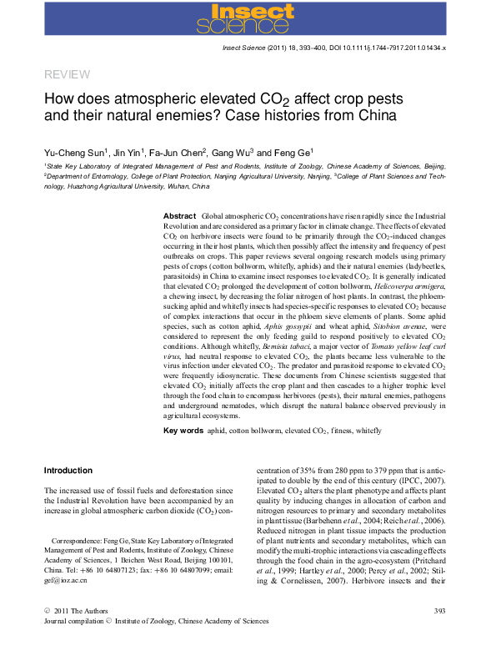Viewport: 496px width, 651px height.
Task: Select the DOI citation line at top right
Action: [x=333, y=49]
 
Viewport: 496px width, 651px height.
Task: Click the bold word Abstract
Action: [x=179, y=215]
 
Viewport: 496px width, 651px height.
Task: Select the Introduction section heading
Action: [x=68, y=471]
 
